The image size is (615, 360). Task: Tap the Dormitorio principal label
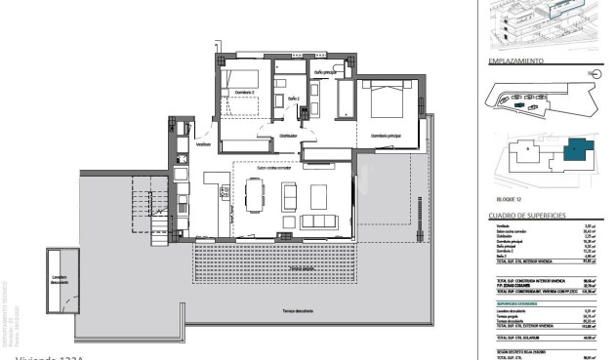388,136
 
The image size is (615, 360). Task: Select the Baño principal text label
325,72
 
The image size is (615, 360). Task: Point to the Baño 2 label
293,98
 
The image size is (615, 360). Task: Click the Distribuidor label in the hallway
283,137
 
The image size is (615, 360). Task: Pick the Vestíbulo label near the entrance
203,144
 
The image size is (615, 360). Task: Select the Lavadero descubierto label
62,279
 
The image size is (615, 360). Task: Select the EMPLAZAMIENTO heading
514,60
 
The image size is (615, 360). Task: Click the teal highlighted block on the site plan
577,150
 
